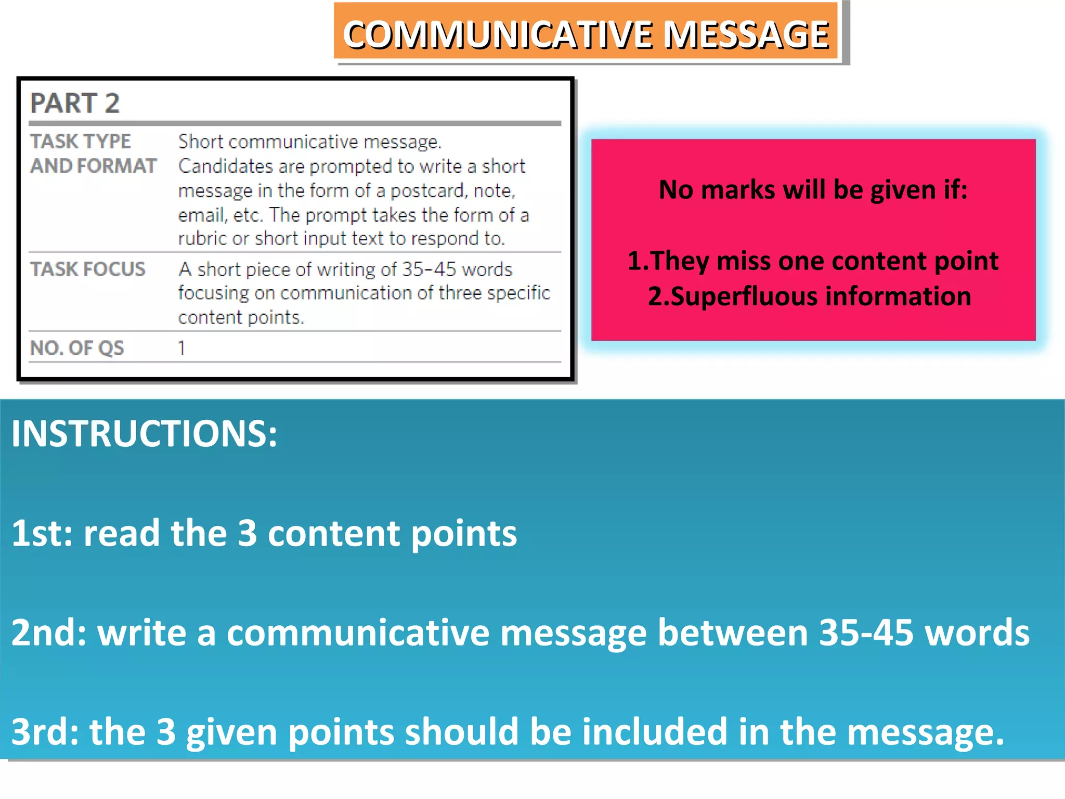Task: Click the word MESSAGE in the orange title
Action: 747,35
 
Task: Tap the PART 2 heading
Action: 75,103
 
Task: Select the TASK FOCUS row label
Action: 88,269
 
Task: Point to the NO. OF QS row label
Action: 77,348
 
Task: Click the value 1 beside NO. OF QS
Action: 181,348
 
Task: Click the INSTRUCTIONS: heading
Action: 145,434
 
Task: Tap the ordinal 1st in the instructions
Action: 42,534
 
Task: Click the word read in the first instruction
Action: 122,534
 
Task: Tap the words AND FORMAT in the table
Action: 94,166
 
